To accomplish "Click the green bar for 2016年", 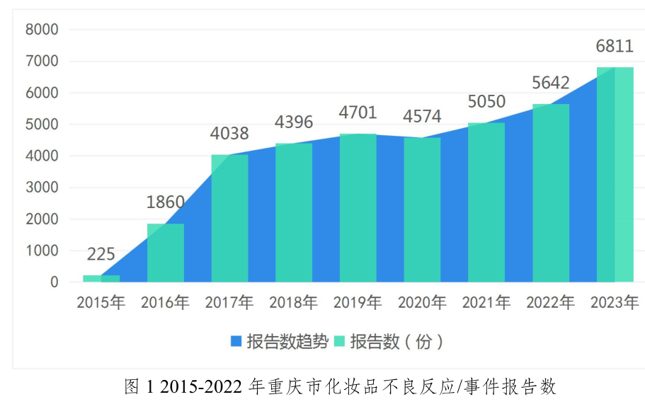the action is point(166,253).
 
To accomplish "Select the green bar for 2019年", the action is point(358,208).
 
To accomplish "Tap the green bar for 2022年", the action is point(551,193).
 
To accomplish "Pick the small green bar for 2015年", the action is point(101,279).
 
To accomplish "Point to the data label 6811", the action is point(615,46).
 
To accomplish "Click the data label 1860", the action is point(166,202).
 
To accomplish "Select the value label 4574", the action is point(422,116).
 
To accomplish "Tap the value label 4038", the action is point(229,134).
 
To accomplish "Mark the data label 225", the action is point(101,255).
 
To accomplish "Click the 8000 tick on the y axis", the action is point(42,30).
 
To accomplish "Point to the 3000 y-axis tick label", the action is point(42,188).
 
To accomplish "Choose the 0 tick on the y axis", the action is point(55,282).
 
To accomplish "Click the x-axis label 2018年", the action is point(294,303).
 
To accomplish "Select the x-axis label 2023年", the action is point(615,303).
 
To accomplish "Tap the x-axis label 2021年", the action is point(486,303).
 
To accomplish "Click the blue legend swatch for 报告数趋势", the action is point(236,341).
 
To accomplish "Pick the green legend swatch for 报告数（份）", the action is point(339,341).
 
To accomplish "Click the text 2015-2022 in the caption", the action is point(201,387).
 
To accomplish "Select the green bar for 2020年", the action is point(422,209).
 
